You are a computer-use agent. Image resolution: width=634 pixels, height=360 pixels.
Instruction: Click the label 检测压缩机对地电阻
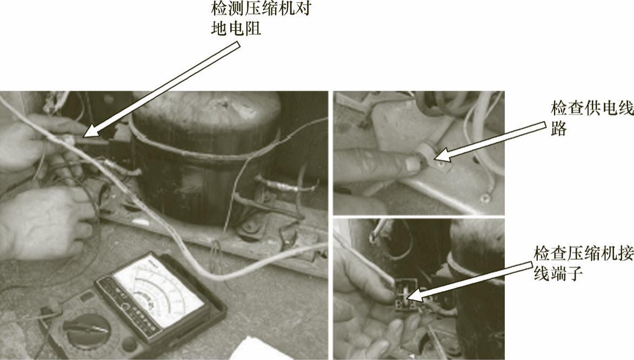click(x=261, y=18)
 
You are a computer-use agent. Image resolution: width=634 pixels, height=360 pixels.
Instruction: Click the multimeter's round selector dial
click(x=86, y=328)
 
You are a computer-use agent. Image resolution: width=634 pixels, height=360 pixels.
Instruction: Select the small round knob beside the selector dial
click(x=129, y=344)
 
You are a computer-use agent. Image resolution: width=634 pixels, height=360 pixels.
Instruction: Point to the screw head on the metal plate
click(x=484, y=198)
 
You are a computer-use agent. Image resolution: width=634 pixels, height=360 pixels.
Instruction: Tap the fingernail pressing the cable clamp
click(x=412, y=164)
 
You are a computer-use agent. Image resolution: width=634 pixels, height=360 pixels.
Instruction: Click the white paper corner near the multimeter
click(x=263, y=349)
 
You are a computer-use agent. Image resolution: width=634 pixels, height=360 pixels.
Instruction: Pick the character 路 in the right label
click(x=558, y=129)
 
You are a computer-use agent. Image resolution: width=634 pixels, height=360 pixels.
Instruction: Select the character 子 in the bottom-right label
click(x=575, y=274)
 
